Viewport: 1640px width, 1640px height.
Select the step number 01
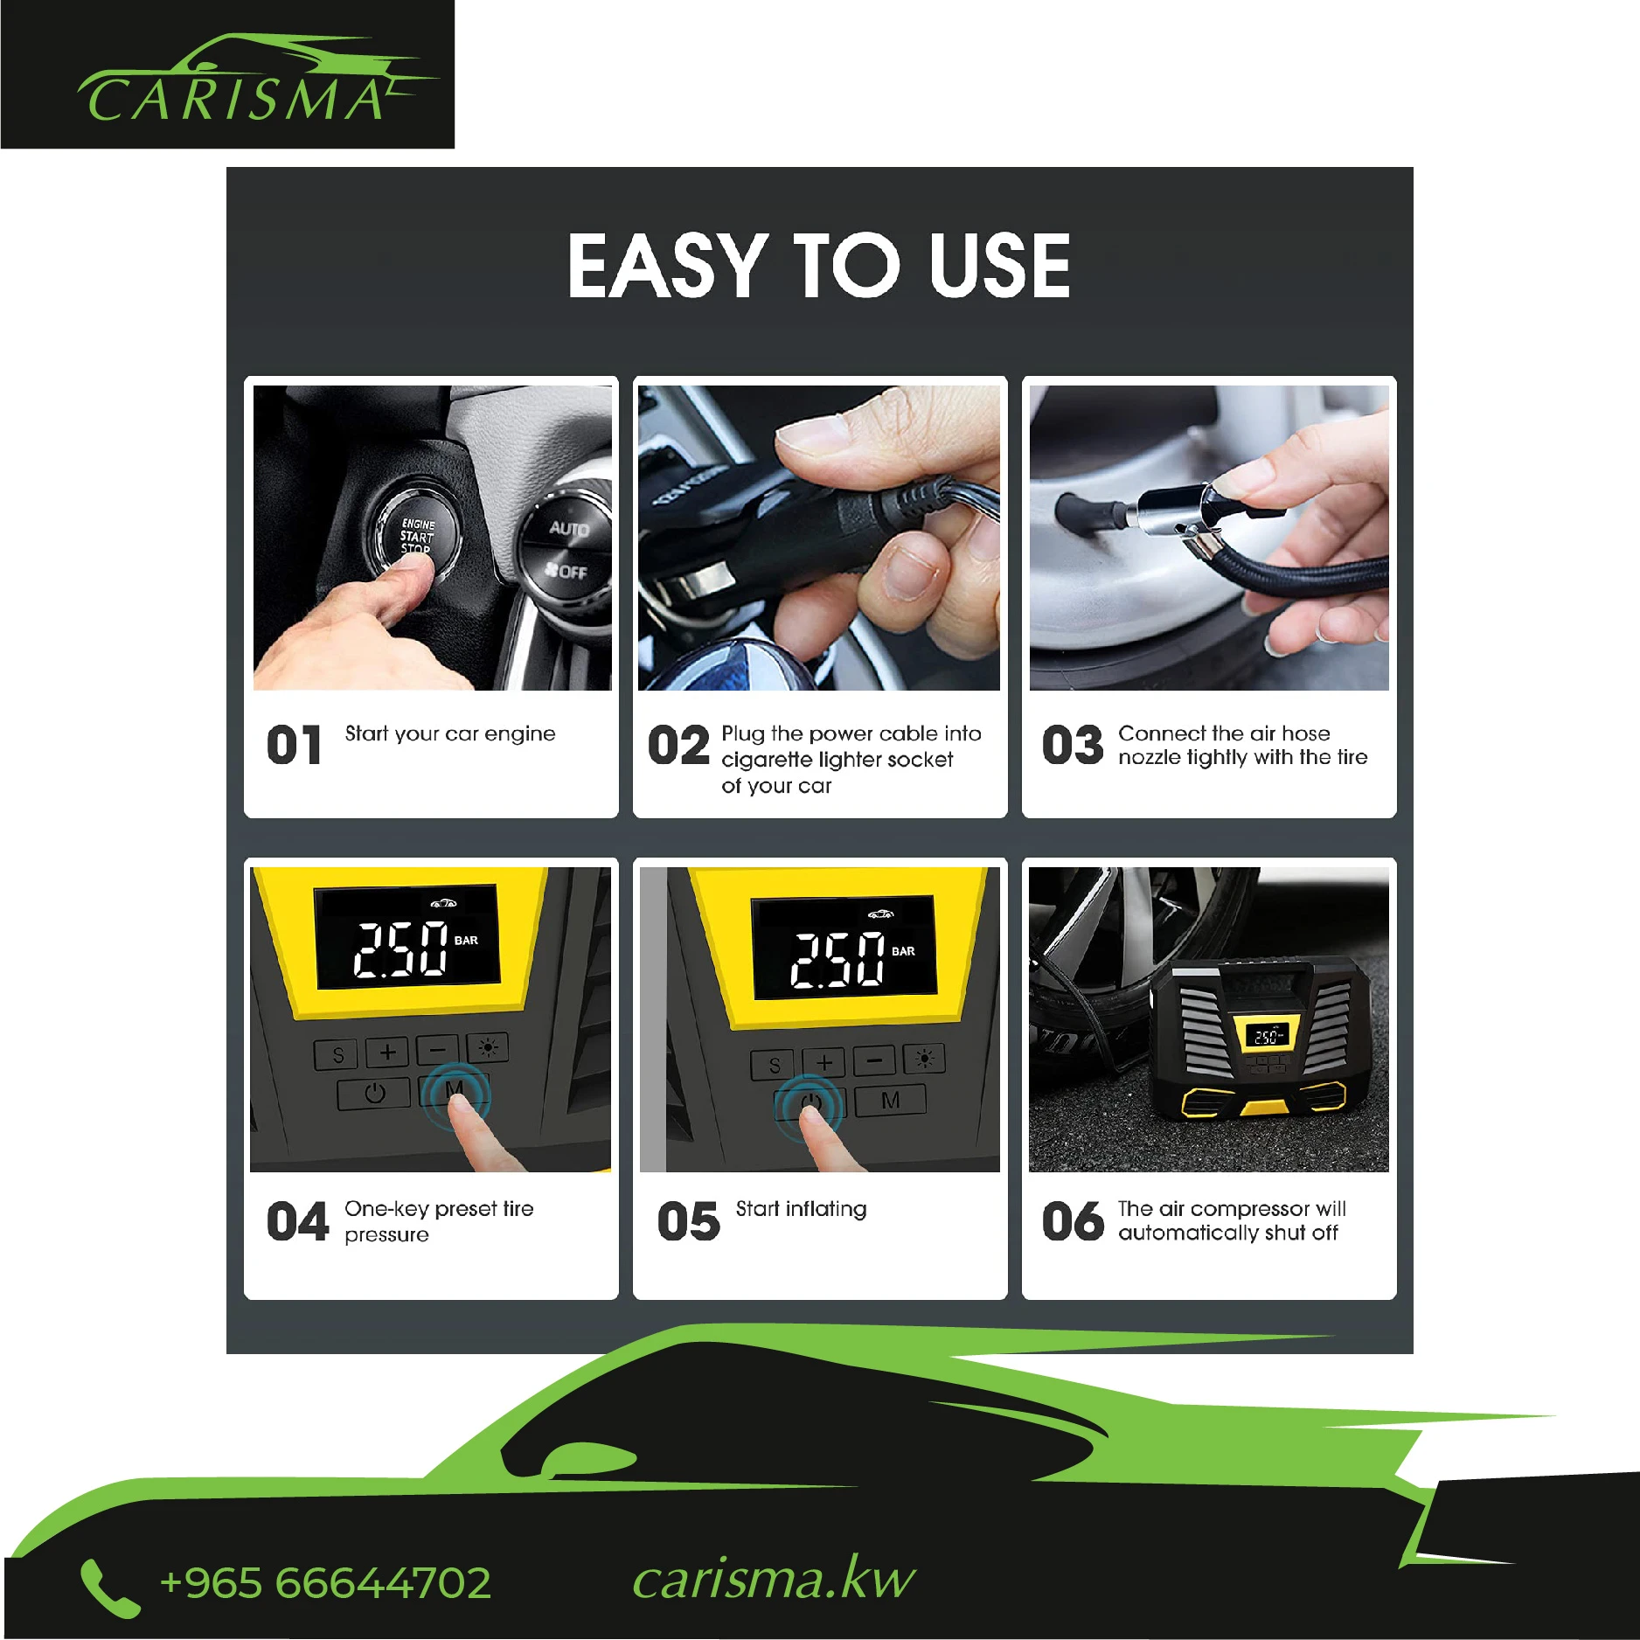pos(294,746)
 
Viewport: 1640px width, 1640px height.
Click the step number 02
pos(678,746)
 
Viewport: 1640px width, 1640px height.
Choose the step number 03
pos(1073,746)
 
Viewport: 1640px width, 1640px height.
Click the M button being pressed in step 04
pos(455,1092)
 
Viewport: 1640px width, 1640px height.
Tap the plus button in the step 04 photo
pos(387,1052)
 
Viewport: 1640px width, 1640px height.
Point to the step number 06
pos(1073,1221)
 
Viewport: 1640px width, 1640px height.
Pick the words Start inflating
pos(801,1209)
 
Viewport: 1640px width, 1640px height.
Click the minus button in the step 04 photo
pos(437,1049)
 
